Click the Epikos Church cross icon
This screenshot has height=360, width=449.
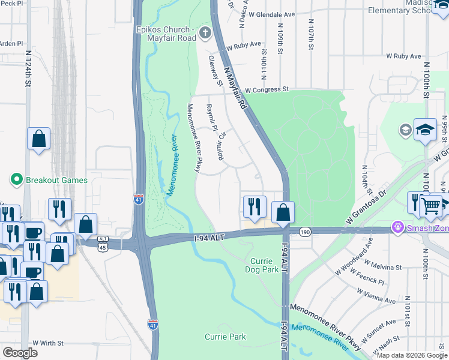pyautogui.click(x=205, y=33)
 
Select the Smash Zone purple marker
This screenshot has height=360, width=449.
pyautogui.click(x=396, y=227)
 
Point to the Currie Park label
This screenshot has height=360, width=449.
pyautogui.click(x=225, y=337)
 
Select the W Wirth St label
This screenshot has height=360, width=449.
pyautogui.click(x=48, y=343)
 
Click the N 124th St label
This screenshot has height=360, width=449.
pyautogui.click(x=28, y=68)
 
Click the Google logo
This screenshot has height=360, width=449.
pyautogui.click(x=20, y=353)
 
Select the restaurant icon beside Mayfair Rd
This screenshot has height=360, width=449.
pyautogui.click(x=254, y=207)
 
